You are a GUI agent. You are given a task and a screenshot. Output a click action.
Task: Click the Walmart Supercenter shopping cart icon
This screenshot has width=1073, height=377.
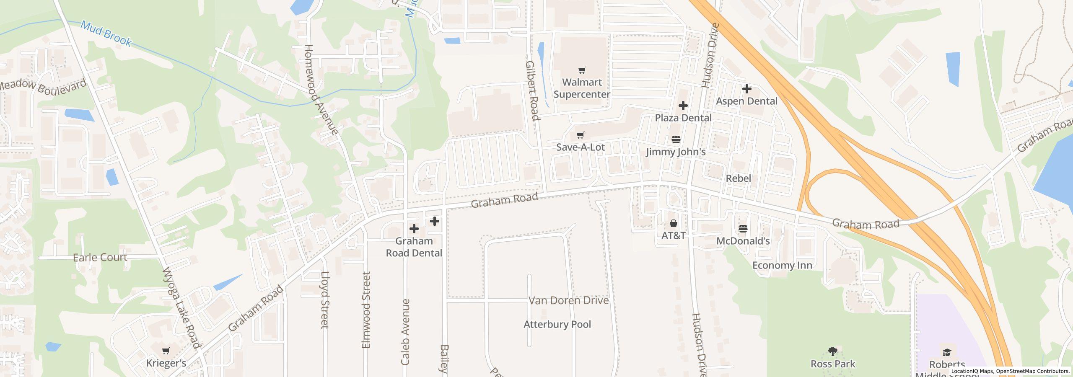[x=582, y=70]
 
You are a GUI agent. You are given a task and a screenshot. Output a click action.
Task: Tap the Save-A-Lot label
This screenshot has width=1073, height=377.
[x=581, y=147]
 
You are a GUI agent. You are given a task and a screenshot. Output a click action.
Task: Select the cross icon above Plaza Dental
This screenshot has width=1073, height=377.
[x=683, y=105]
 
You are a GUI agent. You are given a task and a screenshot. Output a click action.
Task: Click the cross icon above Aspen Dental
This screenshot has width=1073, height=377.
[x=746, y=89]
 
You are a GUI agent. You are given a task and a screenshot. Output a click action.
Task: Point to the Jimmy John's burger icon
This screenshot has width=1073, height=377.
[x=676, y=139]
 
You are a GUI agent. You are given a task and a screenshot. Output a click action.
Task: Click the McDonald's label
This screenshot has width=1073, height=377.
[x=743, y=241]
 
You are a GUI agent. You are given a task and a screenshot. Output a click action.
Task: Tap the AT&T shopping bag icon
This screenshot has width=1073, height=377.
[x=673, y=223]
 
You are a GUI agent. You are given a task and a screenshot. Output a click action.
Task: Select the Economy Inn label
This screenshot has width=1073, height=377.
[x=782, y=266]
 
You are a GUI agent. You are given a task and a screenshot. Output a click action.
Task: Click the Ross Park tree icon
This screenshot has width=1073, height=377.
[x=832, y=351]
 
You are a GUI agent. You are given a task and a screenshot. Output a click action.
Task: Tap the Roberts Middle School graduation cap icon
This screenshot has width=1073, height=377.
[x=947, y=352]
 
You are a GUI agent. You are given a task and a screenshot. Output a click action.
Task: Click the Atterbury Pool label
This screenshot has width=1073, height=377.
[x=557, y=325]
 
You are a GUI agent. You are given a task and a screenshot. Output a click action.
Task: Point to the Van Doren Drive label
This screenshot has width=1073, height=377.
[x=568, y=301]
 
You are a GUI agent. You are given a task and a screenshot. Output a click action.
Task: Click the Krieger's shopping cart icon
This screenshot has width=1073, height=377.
[x=166, y=351]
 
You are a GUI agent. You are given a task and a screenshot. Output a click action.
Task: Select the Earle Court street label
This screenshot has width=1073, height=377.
[x=100, y=258]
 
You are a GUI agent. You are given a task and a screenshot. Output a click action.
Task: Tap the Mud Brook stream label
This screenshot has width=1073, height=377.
[x=106, y=34]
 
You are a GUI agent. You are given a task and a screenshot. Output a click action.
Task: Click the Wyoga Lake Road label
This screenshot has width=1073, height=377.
[x=181, y=308]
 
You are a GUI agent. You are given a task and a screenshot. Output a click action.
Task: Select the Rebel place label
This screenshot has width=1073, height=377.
[x=738, y=178]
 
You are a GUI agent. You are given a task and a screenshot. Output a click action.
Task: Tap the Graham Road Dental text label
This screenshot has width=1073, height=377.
[x=414, y=247]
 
